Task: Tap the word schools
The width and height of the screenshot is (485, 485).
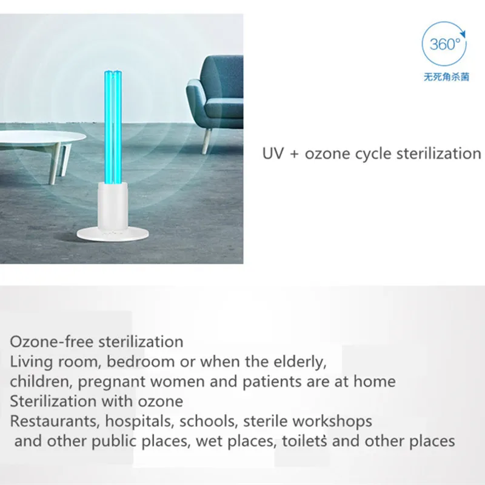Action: (x=206, y=421)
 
